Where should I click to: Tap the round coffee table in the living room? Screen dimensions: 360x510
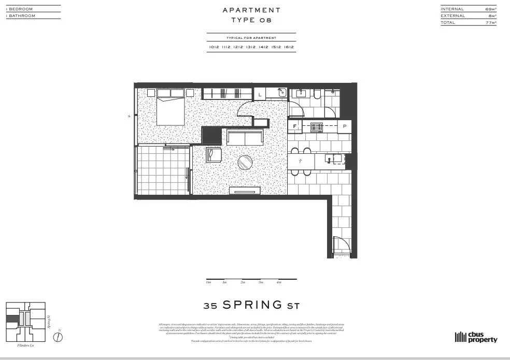(246, 163)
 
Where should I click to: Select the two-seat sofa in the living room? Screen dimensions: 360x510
(245, 138)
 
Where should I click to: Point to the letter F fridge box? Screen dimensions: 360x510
(294, 126)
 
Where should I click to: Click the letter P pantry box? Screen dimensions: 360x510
(345, 126)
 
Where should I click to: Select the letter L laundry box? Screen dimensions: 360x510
(260, 94)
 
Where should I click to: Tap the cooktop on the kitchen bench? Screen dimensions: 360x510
(316, 126)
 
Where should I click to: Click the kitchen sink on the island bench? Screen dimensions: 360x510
(332, 158)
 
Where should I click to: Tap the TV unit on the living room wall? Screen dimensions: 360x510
(244, 191)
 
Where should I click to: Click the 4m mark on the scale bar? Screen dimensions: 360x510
(279, 282)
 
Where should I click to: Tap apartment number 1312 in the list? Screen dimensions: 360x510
(251, 47)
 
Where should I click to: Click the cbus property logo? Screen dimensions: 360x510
(476, 337)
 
